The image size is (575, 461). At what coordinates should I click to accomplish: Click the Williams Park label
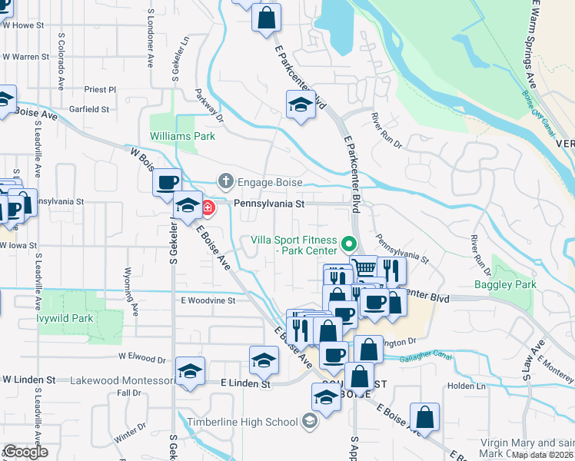pos(182,136)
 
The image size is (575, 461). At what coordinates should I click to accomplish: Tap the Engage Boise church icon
pos(225,182)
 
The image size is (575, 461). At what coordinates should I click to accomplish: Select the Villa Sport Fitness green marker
pos(348,244)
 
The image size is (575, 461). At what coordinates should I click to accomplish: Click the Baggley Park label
pos(514,284)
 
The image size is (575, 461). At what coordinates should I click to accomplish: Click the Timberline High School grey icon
pos(308,421)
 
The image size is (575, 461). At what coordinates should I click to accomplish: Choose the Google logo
pos(25,452)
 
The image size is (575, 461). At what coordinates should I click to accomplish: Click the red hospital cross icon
pos(208,207)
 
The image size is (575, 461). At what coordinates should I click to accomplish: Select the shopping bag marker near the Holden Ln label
pos(424,417)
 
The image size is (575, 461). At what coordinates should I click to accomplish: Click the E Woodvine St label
pos(208,300)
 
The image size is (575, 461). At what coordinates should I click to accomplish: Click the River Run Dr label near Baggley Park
pos(482,255)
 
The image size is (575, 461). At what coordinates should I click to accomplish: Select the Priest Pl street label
pos(100,89)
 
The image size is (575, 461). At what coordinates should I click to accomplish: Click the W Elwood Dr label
pos(141,358)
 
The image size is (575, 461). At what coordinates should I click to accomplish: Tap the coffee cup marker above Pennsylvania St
pos(167,183)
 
